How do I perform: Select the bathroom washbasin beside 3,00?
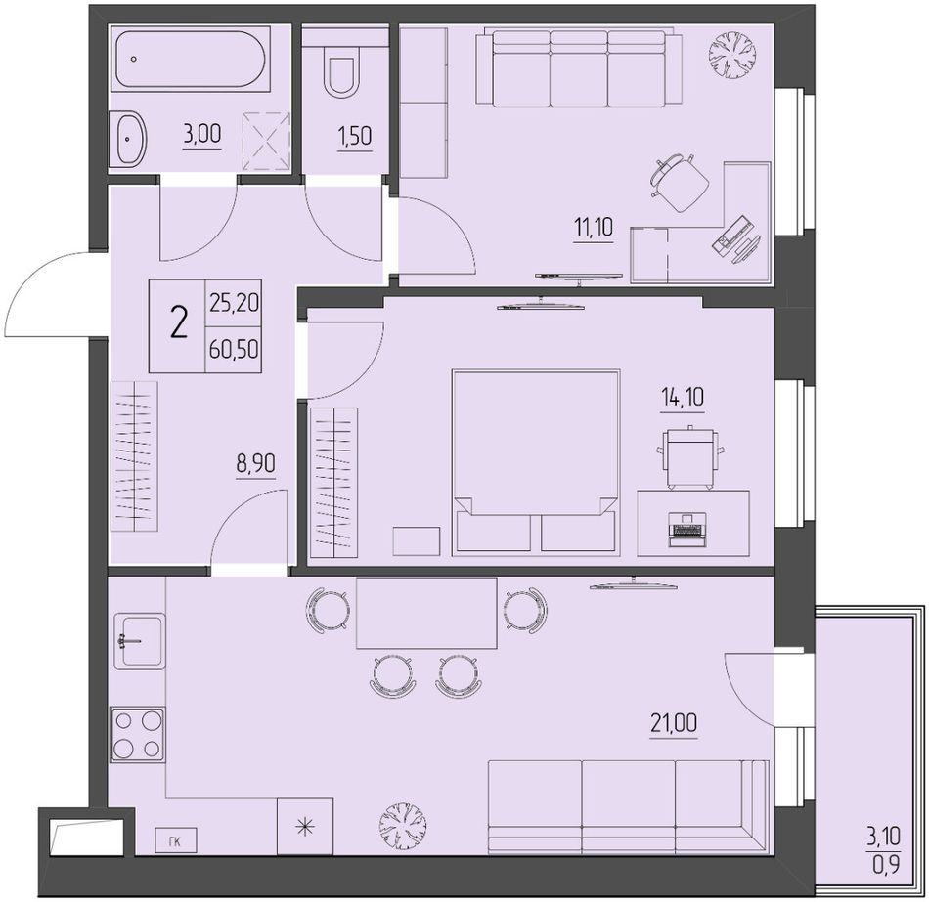(129, 139)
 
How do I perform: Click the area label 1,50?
(355, 136)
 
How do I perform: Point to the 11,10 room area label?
(593, 227)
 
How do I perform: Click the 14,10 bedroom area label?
(683, 396)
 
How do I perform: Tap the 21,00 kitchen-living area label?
(674, 723)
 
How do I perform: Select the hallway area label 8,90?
(256, 462)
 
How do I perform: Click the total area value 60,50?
(234, 350)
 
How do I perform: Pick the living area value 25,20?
(234, 303)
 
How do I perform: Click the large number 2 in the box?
(178, 325)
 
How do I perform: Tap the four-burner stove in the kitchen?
(138, 734)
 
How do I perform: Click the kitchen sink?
(140, 641)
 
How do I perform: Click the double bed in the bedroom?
(536, 462)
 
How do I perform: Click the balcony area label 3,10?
(884, 837)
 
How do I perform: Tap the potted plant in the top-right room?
(732, 55)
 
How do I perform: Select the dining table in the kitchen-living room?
(426, 613)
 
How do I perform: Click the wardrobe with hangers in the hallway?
(135, 456)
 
